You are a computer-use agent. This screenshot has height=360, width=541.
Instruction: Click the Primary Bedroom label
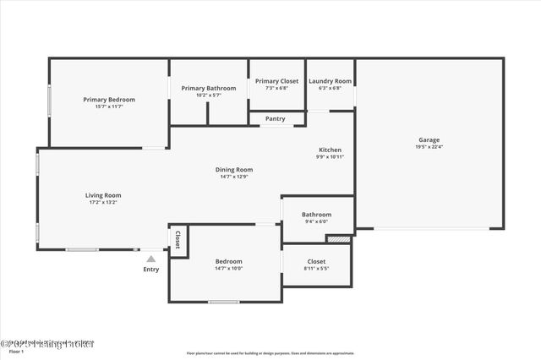point(109,100)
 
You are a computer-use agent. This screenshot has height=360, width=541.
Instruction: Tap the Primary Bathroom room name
point(209,88)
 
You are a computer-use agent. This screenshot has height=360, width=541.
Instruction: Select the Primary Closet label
point(276,81)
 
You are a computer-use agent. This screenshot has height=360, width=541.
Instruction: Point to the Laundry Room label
point(330,81)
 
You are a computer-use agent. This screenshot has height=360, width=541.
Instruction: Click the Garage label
point(429,140)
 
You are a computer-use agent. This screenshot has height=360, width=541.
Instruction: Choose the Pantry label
point(276,119)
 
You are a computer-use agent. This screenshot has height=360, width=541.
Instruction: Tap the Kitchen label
point(330,150)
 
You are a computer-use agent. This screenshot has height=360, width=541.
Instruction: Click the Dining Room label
point(237,170)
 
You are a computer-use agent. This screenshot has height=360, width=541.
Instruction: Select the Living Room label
point(102,195)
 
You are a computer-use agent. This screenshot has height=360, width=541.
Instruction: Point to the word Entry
point(150,270)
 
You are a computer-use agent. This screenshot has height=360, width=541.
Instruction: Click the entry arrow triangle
point(150,259)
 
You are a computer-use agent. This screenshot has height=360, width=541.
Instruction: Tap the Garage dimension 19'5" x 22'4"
point(429,147)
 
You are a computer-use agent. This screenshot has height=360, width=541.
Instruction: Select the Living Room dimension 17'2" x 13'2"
point(102,202)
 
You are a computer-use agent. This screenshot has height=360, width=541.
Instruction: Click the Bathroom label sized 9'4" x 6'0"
point(317,215)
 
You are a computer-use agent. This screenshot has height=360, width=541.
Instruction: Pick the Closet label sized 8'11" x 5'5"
point(316,262)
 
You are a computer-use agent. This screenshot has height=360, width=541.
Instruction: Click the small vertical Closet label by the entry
point(178,241)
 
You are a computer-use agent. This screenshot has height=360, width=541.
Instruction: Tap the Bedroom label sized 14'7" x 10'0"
point(228,261)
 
